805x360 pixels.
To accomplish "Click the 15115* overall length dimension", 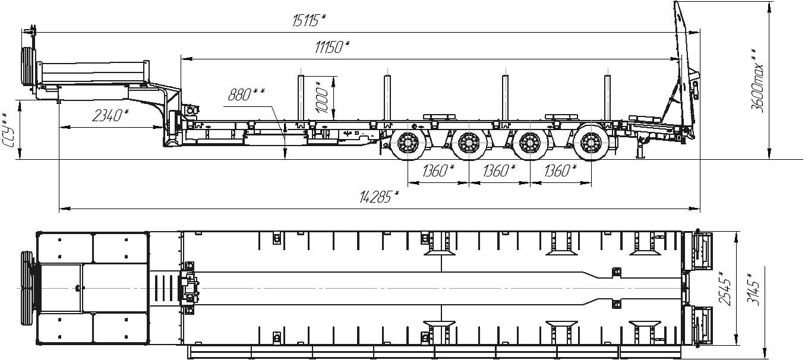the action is [x=308, y=21].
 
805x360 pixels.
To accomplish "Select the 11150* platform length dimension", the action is [x=332, y=47].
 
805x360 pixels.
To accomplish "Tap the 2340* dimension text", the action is [x=111, y=116].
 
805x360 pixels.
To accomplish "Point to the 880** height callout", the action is [x=247, y=94].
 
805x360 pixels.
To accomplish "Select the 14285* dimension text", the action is [x=379, y=197].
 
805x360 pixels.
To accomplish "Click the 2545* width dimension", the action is [x=725, y=287].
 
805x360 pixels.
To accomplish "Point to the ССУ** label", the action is [x=8, y=130].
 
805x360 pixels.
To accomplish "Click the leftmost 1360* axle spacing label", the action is [x=438, y=170].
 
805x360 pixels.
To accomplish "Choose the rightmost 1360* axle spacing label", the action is [x=560, y=170].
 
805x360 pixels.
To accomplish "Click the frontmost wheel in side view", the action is [x=408, y=142].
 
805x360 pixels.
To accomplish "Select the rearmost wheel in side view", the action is [x=591, y=142].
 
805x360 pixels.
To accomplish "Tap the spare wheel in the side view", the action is [x=28, y=67].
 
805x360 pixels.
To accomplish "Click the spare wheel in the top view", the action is [x=27, y=288].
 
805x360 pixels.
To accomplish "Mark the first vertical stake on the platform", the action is [x=301, y=98].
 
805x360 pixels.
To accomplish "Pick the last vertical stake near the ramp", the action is [x=607, y=98].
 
